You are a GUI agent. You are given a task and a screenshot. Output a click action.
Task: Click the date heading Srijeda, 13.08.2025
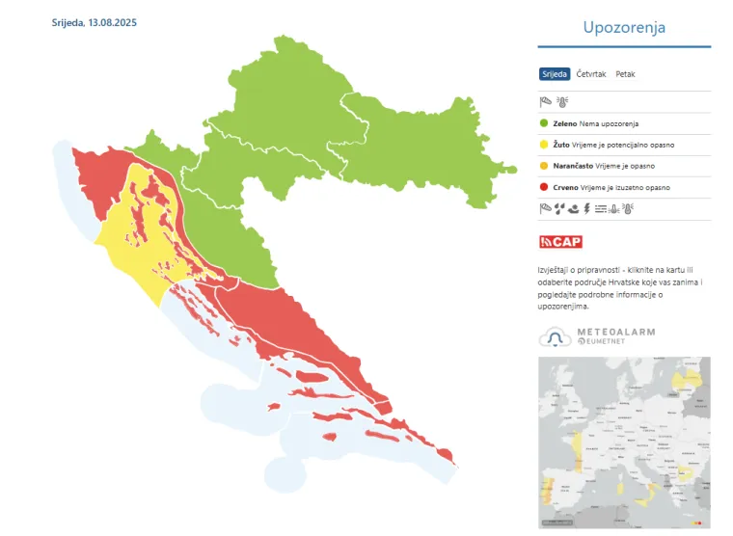click(94, 21)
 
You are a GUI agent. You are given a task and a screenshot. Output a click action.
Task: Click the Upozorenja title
click(623, 27)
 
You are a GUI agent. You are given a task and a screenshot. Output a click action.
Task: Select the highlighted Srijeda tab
click(555, 74)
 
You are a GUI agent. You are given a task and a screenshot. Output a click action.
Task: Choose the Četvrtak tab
click(591, 74)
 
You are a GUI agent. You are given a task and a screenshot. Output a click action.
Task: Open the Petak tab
click(625, 74)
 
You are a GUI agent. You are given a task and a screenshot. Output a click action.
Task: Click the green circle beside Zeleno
click(544, 123)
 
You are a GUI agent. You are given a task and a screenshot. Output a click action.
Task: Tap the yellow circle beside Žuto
click(544, 145)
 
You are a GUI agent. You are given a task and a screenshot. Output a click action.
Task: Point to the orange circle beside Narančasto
click(544, 166)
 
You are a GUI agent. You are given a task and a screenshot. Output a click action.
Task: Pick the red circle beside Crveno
click(544, 187)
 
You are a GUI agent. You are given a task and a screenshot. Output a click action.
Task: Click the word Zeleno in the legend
click(564, 123)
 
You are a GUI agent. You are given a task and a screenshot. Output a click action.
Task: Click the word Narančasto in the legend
click(573, 166)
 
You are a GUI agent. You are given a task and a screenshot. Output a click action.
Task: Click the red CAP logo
click(560, 241)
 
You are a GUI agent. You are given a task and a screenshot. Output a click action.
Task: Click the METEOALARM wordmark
click(615, 332)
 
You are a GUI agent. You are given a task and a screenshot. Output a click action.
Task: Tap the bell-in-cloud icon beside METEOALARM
click(556, 336)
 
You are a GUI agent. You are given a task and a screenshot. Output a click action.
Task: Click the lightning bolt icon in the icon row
click(586, 207)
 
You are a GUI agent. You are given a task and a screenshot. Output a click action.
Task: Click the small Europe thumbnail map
click(623, 442)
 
